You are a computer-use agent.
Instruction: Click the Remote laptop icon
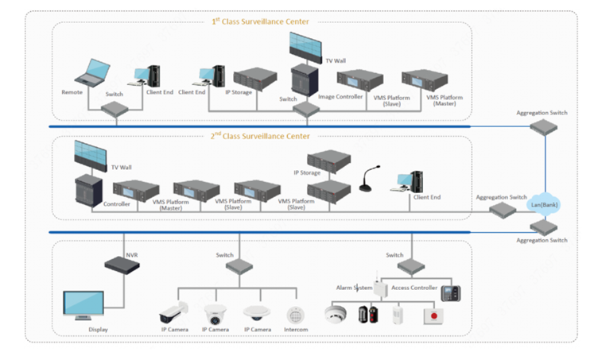tap(93, 73)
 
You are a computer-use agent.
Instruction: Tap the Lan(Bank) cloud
tap(544, 204)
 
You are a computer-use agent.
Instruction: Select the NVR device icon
tap(122, 265)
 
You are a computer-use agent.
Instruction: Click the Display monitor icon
tap(83, 305)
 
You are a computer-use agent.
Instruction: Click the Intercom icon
tap(296, 315)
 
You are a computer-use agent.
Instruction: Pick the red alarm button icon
tap(433, 316)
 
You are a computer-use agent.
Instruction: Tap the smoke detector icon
tap(336, 314)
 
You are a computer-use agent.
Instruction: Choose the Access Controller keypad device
tap(451, 293)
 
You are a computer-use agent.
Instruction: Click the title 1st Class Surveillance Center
tap(261, 21)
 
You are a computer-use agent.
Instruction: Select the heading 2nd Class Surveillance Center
tap(260, 136)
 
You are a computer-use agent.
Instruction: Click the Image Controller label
tap(340, 97)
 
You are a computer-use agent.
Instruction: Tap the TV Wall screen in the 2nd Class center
tap(91, 156)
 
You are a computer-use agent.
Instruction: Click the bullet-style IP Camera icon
tap(173, 312)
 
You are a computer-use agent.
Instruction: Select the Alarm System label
tap(354, 288)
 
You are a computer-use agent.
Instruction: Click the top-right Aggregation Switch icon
tap(543, 127)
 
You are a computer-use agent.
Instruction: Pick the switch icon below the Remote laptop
tap(115, 110)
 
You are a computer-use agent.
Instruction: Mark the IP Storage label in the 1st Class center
tap(239, 92)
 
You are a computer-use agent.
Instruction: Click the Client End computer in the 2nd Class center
tap(406, 182)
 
